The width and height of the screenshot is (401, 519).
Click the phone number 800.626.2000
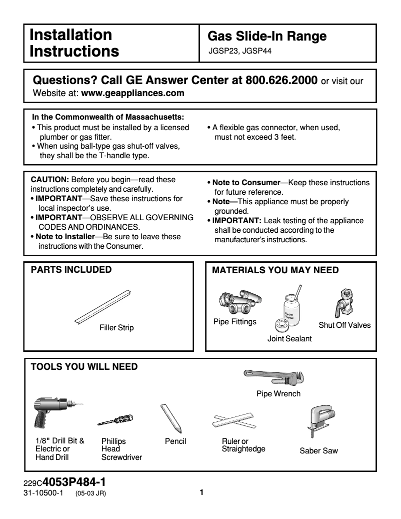278,81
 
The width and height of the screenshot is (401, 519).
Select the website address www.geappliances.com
132,93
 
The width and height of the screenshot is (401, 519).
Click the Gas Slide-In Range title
267,36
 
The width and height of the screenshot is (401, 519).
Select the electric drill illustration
53,412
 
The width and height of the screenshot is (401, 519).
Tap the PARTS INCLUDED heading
71,270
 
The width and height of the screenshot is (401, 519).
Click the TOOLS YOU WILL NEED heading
84,367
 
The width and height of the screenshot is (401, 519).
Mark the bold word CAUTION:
50,180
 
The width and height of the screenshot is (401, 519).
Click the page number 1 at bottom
201,492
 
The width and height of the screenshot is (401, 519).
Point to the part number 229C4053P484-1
64,483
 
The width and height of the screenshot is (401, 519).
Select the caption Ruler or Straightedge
243,445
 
